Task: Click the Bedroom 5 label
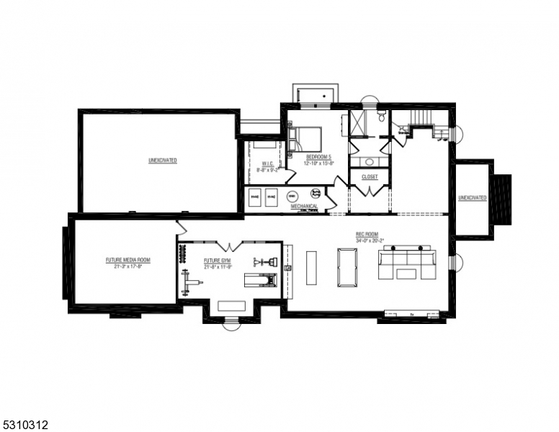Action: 318,156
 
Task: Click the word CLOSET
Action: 370,176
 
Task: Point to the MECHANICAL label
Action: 304,207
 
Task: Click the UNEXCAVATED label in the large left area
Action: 163,160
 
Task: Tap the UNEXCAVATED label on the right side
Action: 473,197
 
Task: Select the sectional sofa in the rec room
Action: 408,263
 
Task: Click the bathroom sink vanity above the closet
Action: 369,161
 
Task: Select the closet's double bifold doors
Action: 370,189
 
